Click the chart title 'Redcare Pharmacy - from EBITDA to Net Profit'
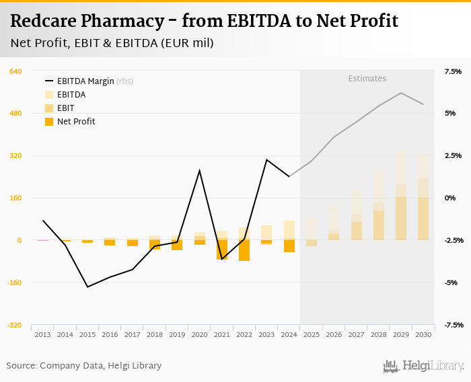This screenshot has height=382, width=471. pos(204,22)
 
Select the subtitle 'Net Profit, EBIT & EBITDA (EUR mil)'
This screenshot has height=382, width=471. pos(112,44)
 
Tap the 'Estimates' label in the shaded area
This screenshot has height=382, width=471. pos(367,79)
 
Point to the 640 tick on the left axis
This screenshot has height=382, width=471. pos(16,71)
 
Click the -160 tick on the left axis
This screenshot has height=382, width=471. pos(15,282)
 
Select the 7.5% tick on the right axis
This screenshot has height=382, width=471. pos(452,71)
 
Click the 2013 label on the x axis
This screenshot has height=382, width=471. pos(42,334)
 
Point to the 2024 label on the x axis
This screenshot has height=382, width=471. pos(289,334)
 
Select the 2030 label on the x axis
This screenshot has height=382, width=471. pos(423,334)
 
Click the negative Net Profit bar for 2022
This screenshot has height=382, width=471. pos(244,250)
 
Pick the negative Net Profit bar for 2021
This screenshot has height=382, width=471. pos(222,250)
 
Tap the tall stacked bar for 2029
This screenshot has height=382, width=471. pos(401,195)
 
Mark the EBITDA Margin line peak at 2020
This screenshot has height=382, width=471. pos(199,170)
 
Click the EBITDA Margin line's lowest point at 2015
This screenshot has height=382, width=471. pos(87,287)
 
